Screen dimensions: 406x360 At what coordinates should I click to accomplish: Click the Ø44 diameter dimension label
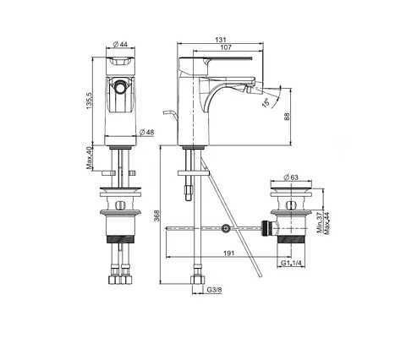point(120,44)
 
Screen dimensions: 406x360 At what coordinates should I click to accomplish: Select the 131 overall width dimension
point(221,40)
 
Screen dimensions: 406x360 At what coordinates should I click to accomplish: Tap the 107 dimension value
point(226,47)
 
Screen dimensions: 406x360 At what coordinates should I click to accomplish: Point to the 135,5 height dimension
point(89,101)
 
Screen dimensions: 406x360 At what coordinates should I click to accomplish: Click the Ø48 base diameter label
point(146,132)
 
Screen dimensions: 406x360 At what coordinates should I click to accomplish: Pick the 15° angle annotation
point(266,102)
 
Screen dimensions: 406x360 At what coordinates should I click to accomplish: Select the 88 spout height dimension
point(287,117)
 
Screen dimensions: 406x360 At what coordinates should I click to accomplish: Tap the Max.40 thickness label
point(90,158)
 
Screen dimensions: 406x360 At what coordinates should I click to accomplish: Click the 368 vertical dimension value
point(156,215)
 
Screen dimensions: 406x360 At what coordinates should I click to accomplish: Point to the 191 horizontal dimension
point(229,254)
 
